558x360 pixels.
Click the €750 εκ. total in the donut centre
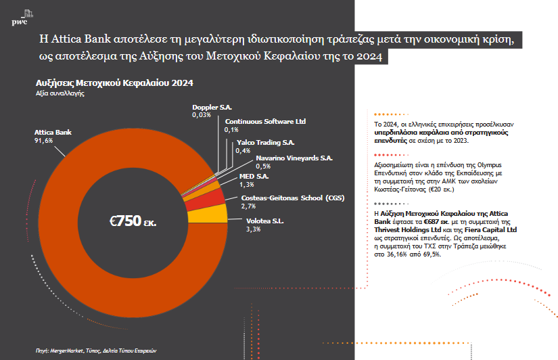pos(133,221)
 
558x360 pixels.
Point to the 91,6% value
pos(44,140)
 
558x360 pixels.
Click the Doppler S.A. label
pos(212,108)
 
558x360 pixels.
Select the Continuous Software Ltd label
pos(265,121)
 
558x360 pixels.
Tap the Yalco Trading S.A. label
pos(265,143)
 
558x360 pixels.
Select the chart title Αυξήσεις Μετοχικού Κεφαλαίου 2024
pos(115,83)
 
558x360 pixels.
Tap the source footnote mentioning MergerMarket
pos(96,351)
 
